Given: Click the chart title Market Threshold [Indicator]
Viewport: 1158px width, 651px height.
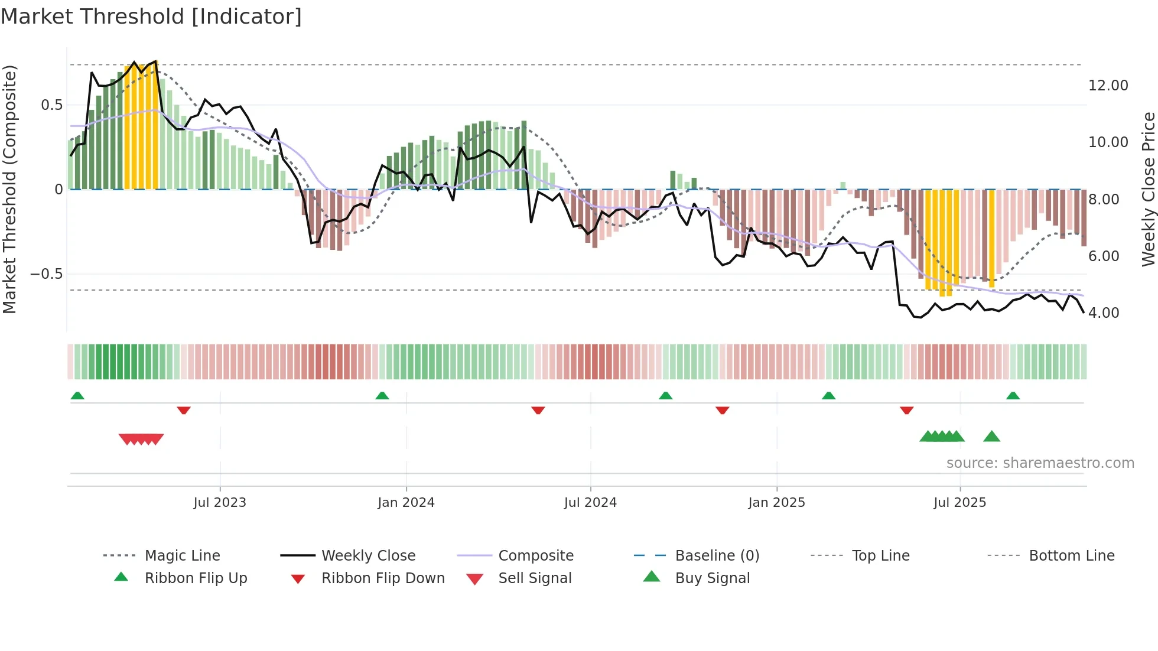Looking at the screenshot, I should tap(151, 17).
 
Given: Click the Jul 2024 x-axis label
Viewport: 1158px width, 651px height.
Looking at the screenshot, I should tap(590, 502).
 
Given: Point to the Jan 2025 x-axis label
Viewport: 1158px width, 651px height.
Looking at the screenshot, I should tap(776, 502).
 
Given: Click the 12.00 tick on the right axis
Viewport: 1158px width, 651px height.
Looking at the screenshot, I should tap(1108, 86).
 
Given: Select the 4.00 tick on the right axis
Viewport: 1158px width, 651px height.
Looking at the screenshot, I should tap(1104, 313).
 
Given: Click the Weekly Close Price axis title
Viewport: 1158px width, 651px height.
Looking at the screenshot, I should tap(1148, 189).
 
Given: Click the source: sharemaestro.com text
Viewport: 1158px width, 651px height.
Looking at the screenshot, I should tap(1040, 463).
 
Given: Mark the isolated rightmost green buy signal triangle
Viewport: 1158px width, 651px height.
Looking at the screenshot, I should tap(991, 437).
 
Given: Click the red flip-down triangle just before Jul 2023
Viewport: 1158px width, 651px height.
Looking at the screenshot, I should tap(184, 410).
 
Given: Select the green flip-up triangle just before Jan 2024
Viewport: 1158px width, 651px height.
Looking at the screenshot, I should tap(382, 396).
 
